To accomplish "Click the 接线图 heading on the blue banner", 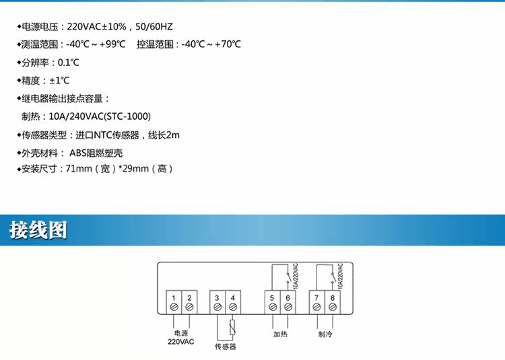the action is pyautogui.click(x=38, y=230).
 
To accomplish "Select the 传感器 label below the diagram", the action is pyautogui.click(x=225, y=347).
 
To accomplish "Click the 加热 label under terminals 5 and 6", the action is pyautogui.click(x=280, y=333).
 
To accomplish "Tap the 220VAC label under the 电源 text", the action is pyautogui.click(x=181, y=342).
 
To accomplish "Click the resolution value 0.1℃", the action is pyautogui.click(x=68, y=63).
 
